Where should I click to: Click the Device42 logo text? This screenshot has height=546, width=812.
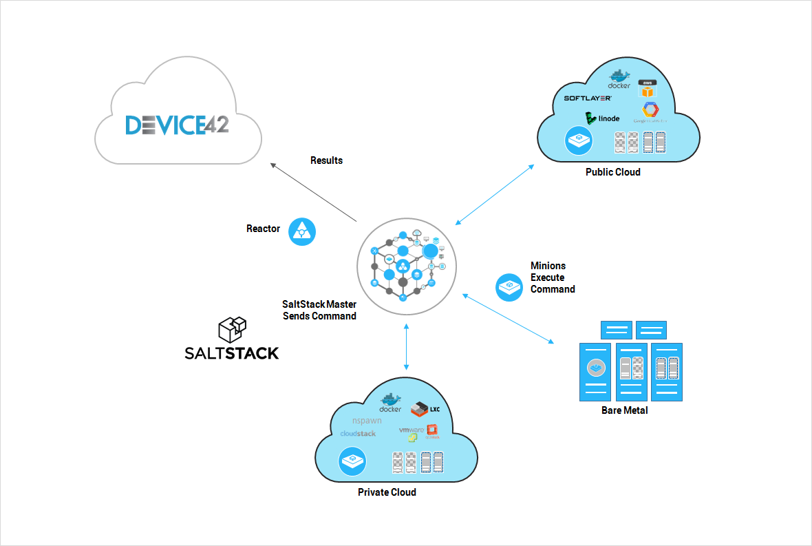pos(177,125)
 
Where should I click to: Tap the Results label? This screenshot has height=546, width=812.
pos(326,160)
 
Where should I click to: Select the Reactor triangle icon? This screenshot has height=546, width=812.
pos(301,231)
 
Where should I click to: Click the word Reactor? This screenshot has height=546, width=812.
pos(263,229)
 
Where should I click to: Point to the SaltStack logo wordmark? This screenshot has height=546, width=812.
pos(232,353)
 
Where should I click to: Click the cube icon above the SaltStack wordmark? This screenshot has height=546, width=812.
pos(232,329)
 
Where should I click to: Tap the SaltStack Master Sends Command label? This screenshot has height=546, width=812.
pos(319,310)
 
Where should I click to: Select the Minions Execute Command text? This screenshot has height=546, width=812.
pos(552,277)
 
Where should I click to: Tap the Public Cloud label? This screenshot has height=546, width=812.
pos(612,172)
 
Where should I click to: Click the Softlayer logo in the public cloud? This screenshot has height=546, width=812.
pos(588,98)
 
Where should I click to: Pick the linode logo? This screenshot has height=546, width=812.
pos(603,118)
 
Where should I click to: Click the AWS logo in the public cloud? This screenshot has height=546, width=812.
pos(648,88)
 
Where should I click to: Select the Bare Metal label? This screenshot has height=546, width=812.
pos(624,410)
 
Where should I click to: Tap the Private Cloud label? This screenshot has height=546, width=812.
pos(387,492)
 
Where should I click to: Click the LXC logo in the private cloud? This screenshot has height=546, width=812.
pos(425,410)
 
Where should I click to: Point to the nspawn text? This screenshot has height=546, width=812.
pos(367,420)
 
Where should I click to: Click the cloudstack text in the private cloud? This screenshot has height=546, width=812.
pos(358,434)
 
